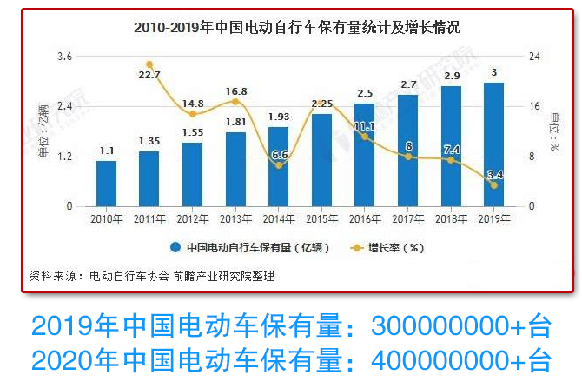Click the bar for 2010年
click(x=106, y=184)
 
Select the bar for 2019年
click(x=494, y=144)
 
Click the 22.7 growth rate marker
click(x=149, y=64)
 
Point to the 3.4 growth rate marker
click(x=494, y=185)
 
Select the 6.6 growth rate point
click(x=278, y=165)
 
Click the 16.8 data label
click(x=235, y=90)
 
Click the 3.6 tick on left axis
click(x=64, y=57)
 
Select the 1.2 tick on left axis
click(x=64, y=157)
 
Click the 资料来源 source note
click(x=151, y=276)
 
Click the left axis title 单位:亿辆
click(x=43, y=131)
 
